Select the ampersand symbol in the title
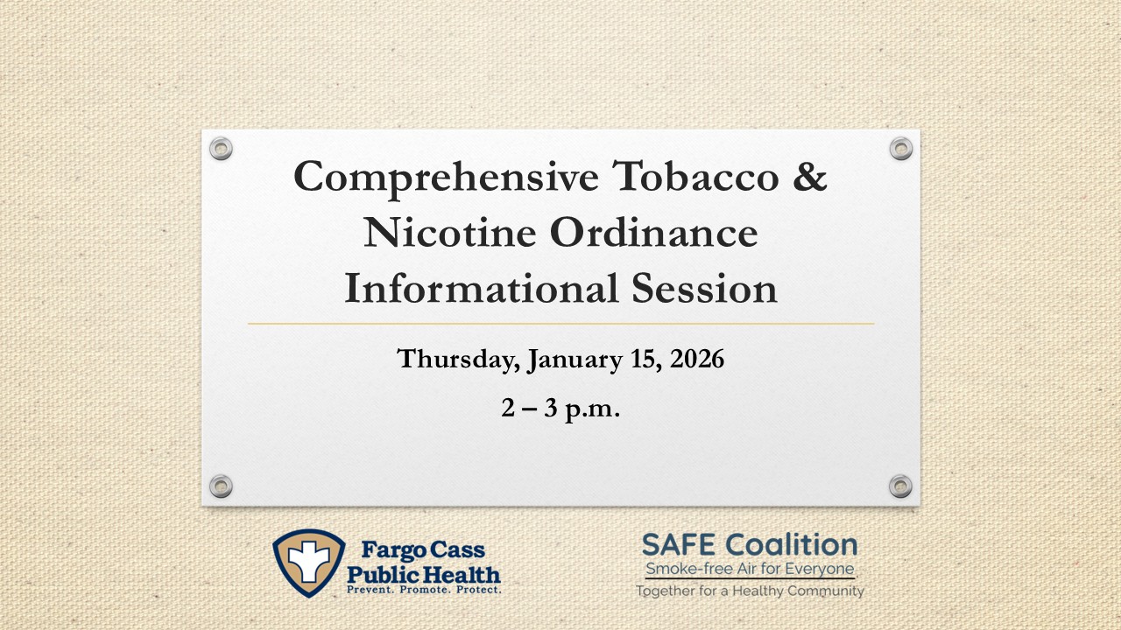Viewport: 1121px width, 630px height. click(x=810, y=178)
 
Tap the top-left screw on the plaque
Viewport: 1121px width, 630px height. click(x=222, y=149)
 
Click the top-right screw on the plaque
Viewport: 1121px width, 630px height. click(x=900, y=149)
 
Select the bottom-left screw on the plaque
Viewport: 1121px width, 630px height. click(x=222, y=486)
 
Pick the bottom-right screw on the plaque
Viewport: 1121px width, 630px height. click(x=900, y=486)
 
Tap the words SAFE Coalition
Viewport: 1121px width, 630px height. click(x=750, y=546)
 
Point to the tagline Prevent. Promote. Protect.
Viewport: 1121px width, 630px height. click(x=425, y=591)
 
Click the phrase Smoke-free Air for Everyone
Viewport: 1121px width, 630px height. click(x=750, y=570)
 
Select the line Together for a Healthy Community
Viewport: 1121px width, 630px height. click(x=750, y=591)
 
